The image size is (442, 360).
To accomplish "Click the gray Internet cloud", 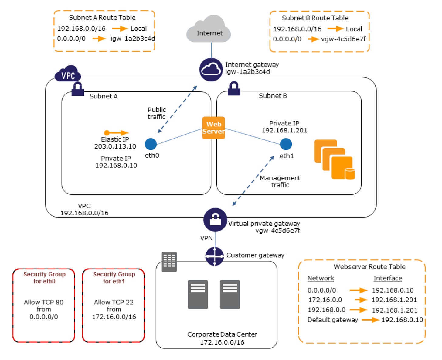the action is (208, 29).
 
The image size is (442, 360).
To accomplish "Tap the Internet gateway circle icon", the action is (211, 70).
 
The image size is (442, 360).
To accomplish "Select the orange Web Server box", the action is (213, 128).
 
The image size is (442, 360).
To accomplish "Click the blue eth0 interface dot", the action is (151, 144).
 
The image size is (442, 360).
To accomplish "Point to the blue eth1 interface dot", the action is (286, 144).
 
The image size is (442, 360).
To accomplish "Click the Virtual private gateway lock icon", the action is (215, 220).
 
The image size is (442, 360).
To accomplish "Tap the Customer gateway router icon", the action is (215, 256).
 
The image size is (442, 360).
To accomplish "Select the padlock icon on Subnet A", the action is (78, 89).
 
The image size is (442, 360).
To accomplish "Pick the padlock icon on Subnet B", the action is (234, 88).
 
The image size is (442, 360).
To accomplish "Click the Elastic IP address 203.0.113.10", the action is (115, 146).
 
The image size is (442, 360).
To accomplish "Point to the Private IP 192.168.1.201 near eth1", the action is (284, 130).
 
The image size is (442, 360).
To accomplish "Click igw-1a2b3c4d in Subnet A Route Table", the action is (133, 39).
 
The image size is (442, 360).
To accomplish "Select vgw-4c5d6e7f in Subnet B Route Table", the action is (343, 39).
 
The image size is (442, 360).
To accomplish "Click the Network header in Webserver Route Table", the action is (321, 278).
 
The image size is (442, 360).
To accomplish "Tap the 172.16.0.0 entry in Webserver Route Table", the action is (325, 300).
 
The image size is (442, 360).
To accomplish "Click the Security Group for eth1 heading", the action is (114, 278).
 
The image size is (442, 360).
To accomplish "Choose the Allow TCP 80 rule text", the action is (44, 302).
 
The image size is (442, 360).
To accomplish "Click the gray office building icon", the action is (169, 262).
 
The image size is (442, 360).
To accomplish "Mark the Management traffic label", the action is (280, 181).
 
